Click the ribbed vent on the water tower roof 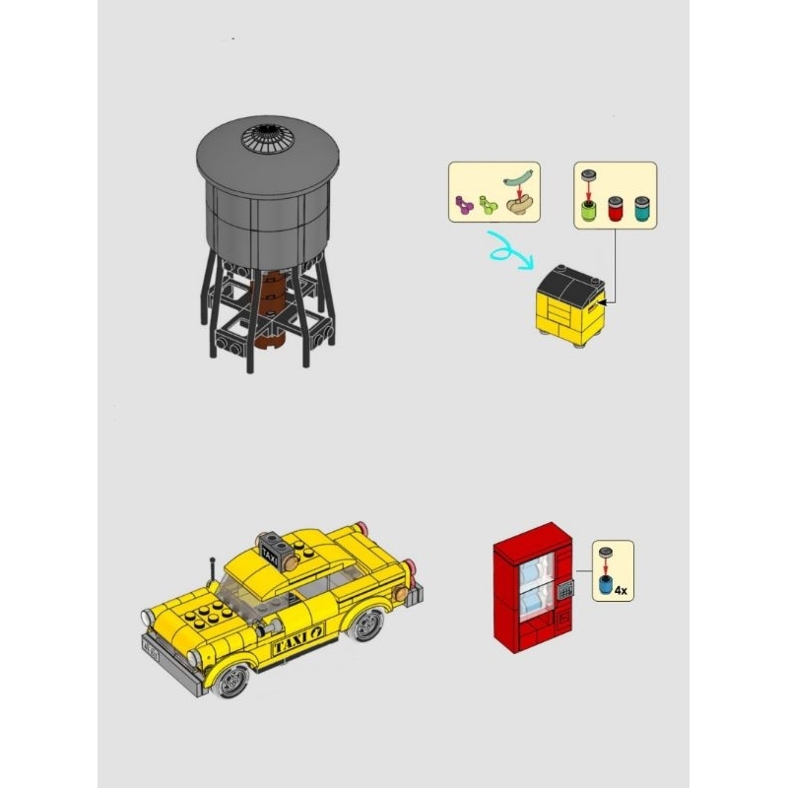click(266, 137)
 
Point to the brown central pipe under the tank click(269, 309)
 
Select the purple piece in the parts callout click(464, 205)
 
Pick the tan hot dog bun click(519, 205)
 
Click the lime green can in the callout click(587, 210)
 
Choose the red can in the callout click(615, 208)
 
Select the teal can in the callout click(642, 208)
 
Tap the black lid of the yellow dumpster click(570, 286)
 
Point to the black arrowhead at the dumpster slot click(602, 302)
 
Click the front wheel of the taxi click(232, 681)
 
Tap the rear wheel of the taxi click(364, 625)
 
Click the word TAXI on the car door click(290, 641)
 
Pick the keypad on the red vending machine click(565, 589)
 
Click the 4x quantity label click(621, 590)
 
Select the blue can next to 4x click(606, 585)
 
